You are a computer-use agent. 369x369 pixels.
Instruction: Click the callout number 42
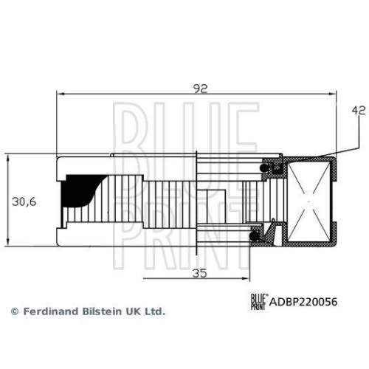(358, 111)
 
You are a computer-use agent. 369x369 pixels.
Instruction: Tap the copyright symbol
(13, 311)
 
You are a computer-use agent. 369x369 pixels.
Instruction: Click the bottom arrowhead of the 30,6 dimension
(7, 244)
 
